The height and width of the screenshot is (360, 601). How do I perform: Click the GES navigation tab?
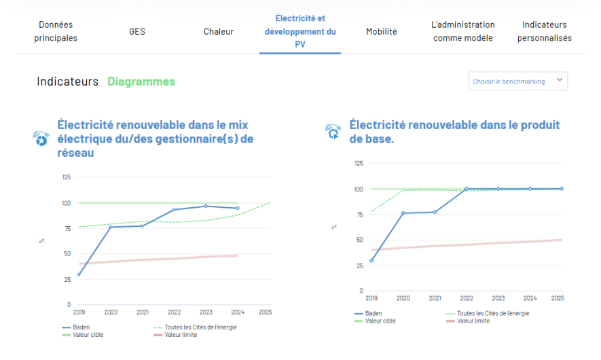[x=137, y=31]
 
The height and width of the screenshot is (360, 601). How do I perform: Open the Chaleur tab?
[x=219, y=31]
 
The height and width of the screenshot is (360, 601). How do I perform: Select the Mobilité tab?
[x=382, y=31]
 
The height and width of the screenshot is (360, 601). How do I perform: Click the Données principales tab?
[x=56, y=31]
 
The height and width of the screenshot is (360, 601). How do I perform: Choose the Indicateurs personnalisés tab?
[x=545, y=31]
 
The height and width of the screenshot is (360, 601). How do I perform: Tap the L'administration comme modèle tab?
[x=463, y=31]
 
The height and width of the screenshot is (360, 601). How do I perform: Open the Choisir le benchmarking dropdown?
[x=518, y=81]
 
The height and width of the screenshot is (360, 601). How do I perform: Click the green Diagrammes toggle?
[x=141, y=82]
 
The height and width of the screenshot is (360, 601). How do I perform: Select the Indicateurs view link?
[x=68, y=82]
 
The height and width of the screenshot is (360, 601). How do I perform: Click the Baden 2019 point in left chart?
[x=79, y=274]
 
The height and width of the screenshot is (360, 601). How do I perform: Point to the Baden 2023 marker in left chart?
[x=206, y=206]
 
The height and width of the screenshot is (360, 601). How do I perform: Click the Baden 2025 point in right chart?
[x=562, y=189]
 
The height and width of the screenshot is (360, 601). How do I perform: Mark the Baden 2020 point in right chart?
[x=403, y=213]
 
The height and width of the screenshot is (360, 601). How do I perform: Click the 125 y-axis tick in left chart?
[x=66, y=177]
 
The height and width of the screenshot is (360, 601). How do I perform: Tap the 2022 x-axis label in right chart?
[x=466, y=298]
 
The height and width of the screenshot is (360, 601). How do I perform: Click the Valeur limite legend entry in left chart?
[x=181, y=335]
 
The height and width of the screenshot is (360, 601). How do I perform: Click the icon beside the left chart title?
[x=41, y=139]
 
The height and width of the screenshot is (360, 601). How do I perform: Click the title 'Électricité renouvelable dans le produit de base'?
[x=454, y=132]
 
